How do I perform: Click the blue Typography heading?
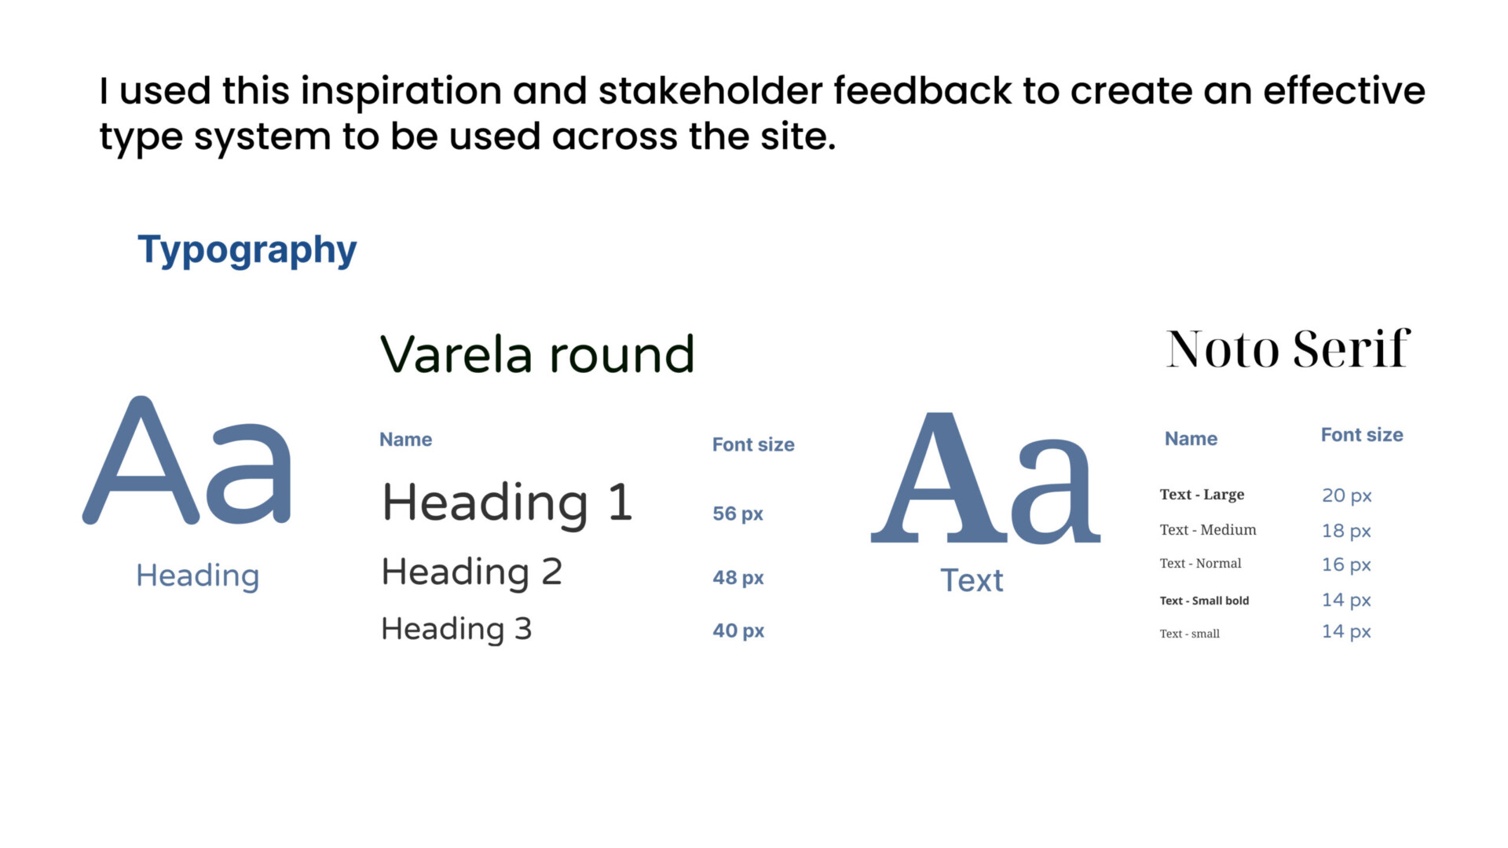click(x=247, y=250)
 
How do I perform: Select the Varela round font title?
click(x=538, y=354)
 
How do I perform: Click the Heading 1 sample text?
click(x=507, y=503)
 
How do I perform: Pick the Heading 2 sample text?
click(x=472, y=572)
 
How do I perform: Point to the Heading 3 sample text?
click(x=456, y=629)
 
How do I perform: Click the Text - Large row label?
click(x=1202, y=495)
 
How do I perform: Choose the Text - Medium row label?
click(x=1208, y=530)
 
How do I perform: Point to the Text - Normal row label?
click(x=1200, y=564)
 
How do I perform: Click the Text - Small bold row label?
click(x=1204, y=601)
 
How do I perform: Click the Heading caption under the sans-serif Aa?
click(x=198, y=576)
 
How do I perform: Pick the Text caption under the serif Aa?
click(x=972, y=581)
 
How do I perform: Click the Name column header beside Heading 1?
click(x=405, y=440)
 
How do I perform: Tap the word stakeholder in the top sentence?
click(x=710, y=90)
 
